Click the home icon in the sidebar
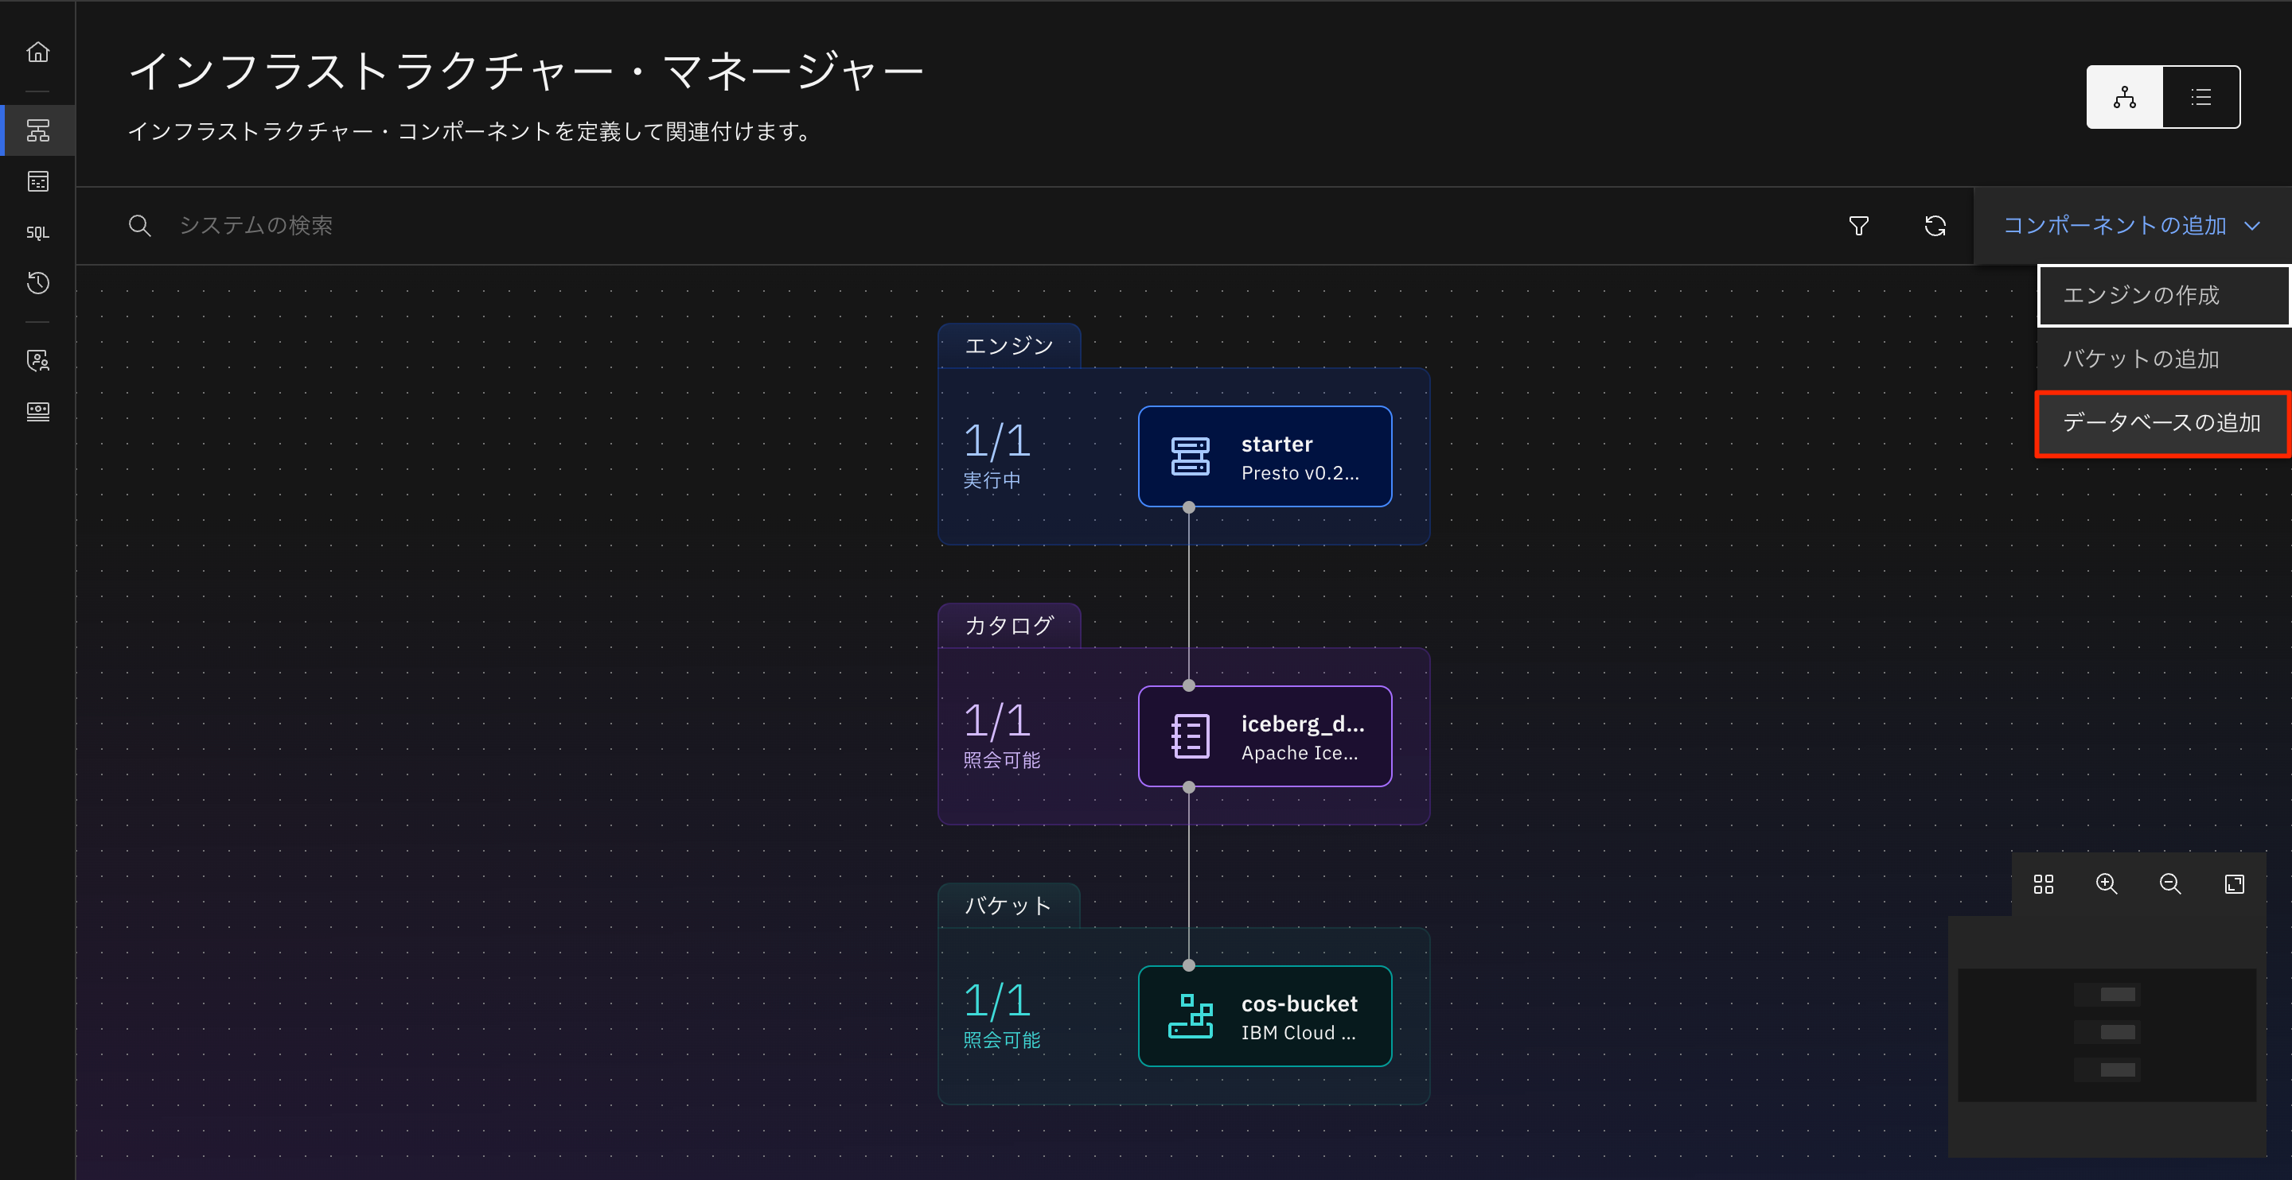[x=37, y=52]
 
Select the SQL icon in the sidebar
[x=37, y=233]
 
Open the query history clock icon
[x=37, y=284]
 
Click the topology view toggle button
[x=2124, y=97]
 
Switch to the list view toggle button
[x=2200, y=97]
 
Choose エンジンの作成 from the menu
[x=2162, y=295]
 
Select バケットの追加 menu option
[x=2162, y=359]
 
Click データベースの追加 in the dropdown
[x=2162, y=423]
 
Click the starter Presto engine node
[x=1265, y=457]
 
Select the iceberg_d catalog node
[x=1265, y=736]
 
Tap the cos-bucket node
[x=1265, y=1016]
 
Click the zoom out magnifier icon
[x=2170, y=884]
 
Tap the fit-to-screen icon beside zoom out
[x=2234, y=884]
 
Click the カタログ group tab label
[x=1009, y=626]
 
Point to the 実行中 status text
[x=992, y=480]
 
